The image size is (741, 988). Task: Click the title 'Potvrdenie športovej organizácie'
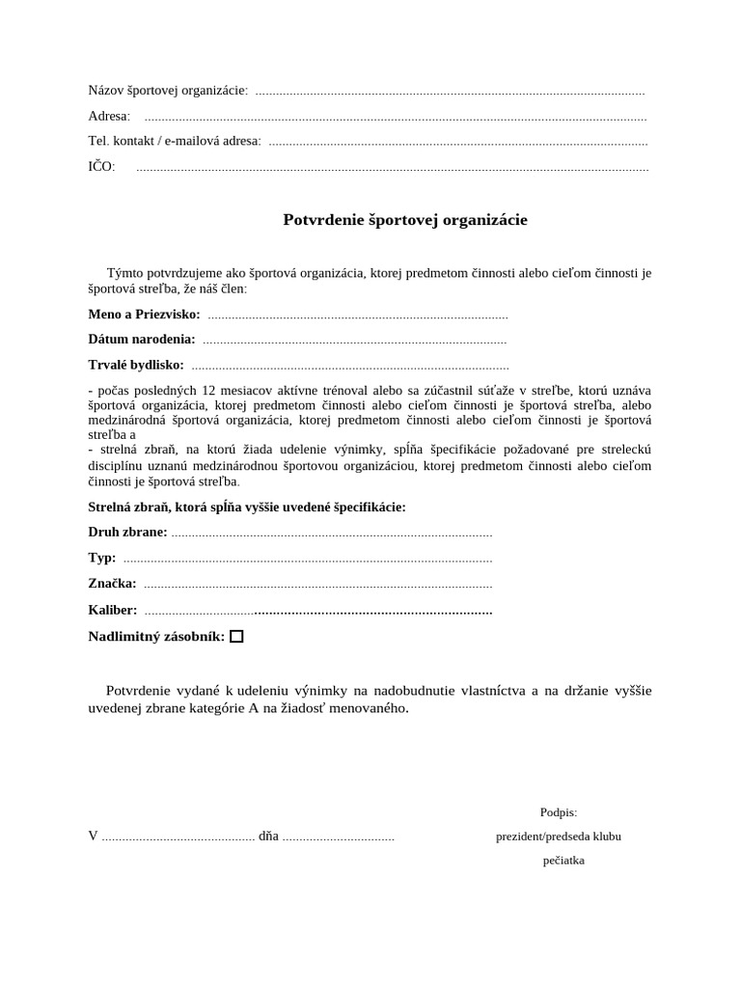tap(405, 220)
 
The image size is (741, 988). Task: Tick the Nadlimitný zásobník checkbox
tap(236, 637)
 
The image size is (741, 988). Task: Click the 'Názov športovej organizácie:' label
tap(168, 91)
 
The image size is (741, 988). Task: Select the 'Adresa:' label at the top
tap(109, 116)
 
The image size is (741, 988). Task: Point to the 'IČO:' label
tap(101, 167)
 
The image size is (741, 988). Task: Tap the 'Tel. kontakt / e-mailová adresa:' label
tap(175, 141)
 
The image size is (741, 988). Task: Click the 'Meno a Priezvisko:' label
tap(144, 315)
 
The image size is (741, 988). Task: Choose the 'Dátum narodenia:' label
tap(142, 340)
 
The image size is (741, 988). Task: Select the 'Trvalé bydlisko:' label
tap(136, 365)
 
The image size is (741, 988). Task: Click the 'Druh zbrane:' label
tap(127, 533)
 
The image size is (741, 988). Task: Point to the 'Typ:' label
tap(102, 558)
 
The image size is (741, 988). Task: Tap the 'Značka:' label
tap(112, 584)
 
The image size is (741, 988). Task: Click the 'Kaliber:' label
tap(113, 611)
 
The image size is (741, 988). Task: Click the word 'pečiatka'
tap(563, 861)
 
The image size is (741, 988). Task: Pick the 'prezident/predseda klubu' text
tap(559, 837)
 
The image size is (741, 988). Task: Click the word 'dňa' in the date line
tap(268, 837)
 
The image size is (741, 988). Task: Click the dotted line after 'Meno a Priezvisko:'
tap(357, 316)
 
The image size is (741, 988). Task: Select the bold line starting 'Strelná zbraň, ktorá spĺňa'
tap(247, 508)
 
